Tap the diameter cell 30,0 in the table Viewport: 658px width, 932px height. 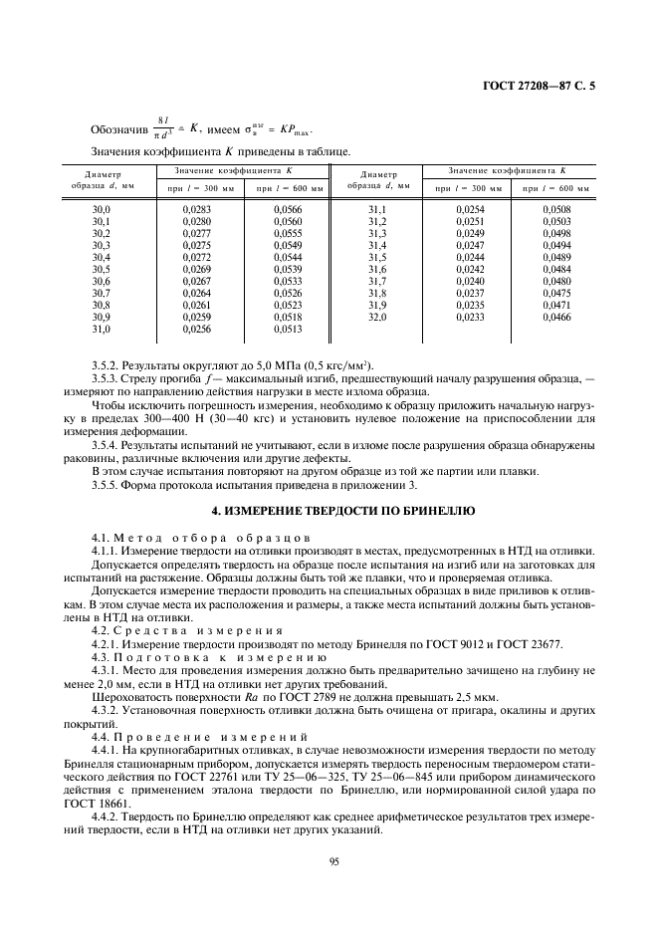tap(102, 210)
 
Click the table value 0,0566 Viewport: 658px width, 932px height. tap(288, 210)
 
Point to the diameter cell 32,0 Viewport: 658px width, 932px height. tap(377, 317)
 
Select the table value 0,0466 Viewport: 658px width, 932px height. tap(556, 317)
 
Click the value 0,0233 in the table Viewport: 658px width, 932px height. tap(470, 317)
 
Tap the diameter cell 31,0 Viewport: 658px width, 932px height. tap(102, 329)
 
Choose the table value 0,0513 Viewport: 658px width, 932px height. tap(288, 329)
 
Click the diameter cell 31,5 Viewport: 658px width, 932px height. tap(377, 258)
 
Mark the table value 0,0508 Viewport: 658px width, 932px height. tap(556, 210)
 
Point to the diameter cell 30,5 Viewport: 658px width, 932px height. tap(102, 270)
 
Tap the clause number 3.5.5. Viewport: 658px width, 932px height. tap(106, 485)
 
